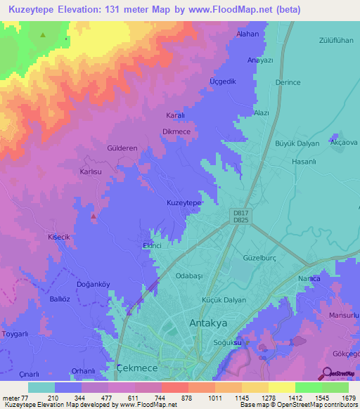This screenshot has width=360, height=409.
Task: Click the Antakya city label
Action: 210,323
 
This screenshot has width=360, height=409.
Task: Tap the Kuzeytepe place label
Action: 184,202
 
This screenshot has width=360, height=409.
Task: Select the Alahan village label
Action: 247,34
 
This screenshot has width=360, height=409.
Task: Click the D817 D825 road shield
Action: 240,216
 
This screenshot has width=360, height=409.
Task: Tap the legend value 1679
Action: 349,398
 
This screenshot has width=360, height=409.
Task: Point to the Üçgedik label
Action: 224,82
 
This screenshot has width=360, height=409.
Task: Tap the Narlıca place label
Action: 310,279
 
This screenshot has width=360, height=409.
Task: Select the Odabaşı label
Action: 188,276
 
